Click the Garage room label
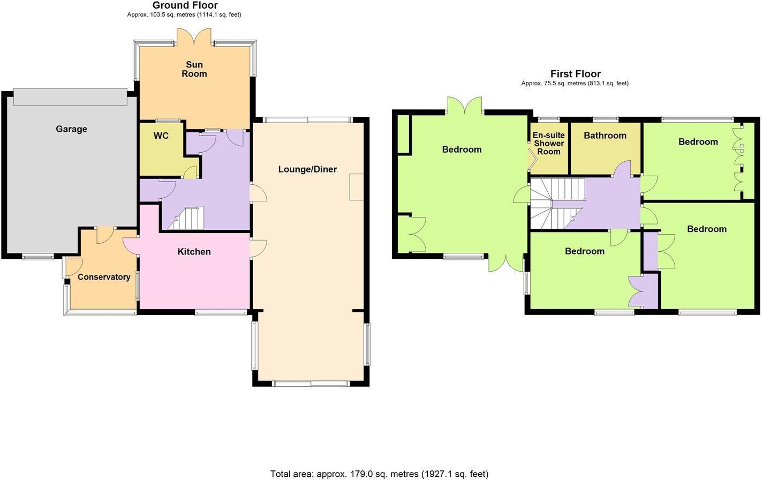pyautogui.click(x=71, y=129)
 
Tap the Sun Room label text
pyautogui.click(x=194, y=69)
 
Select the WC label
pyautogui.click(x=161, y=136)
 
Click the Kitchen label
pyautogui.click(x=194, y=252)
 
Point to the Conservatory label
pyautogui.click(x=104, y=277)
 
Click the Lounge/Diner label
pyautogui.click(x=307, y=169)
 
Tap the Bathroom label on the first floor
pyautogui.click(x=605, y=136)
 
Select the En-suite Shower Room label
pyautogui.click(x=548, y=144)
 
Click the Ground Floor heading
pyautogui.click(x=185, y=5)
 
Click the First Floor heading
pyautogui.click(x=575, y=74)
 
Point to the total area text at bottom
pyautogui.click(x=379, y=474)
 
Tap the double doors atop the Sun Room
pyautogui.click(x=194, y=36)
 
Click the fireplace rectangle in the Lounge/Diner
pyautogui.click(x=356, y=187)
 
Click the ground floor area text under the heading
pyautogui.click(x=184, y=14)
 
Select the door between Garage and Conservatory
pyautogui.click(x=105, y=235)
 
